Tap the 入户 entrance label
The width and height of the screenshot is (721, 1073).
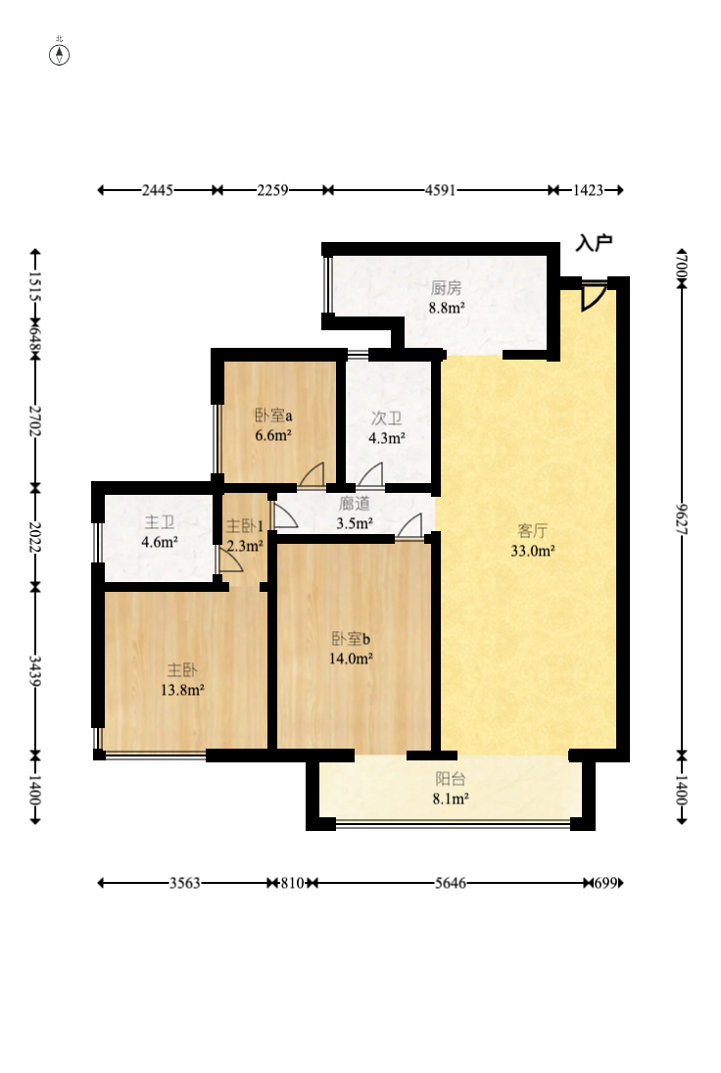(594, 243)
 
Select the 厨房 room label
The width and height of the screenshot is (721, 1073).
(446, 288)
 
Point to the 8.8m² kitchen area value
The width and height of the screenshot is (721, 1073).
(447, 308)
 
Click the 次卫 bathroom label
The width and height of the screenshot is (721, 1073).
(387, 418)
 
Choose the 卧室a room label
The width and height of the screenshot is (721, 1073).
(273, 415)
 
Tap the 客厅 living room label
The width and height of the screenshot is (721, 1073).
(532, 530)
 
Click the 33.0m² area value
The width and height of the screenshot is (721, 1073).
(533, 550)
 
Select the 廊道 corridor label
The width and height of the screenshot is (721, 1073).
(355, 504)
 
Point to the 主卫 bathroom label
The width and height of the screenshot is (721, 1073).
(160, 522)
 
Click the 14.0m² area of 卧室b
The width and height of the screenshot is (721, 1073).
(351, 658)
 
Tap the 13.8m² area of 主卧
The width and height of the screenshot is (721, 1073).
(182, 690)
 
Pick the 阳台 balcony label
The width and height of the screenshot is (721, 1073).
(450, 779)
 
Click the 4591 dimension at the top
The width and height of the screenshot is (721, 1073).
(440, 190)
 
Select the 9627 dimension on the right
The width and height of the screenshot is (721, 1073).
(682, 519)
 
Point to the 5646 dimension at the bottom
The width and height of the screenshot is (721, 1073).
(451, 883)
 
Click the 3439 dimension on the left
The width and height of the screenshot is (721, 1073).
(35, 670)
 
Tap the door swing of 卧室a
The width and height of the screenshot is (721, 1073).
(312, 475)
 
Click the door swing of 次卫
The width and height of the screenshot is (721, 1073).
(370, 475)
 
